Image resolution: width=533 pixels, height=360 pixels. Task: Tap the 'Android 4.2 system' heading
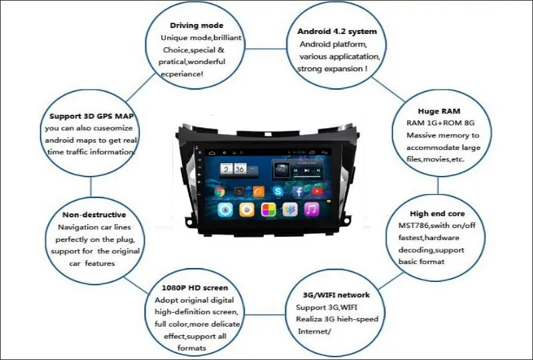[337, 31]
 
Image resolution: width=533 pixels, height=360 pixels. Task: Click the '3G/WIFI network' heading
[336, 295]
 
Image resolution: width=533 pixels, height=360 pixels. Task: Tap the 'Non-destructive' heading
[94, 215]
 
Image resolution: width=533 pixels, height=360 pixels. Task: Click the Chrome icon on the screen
[219, 191]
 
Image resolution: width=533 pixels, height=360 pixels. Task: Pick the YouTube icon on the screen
[317, 191]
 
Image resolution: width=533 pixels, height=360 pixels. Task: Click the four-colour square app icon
[268, 209]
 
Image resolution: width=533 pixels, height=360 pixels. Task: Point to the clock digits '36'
[240, 169]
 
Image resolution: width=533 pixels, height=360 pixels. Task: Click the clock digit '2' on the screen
[226, 169]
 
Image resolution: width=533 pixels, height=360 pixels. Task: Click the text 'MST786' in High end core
[405, 226]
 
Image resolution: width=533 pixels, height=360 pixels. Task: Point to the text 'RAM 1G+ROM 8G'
[438, 123]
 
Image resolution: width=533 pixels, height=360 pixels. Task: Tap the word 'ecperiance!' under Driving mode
[182, 73]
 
